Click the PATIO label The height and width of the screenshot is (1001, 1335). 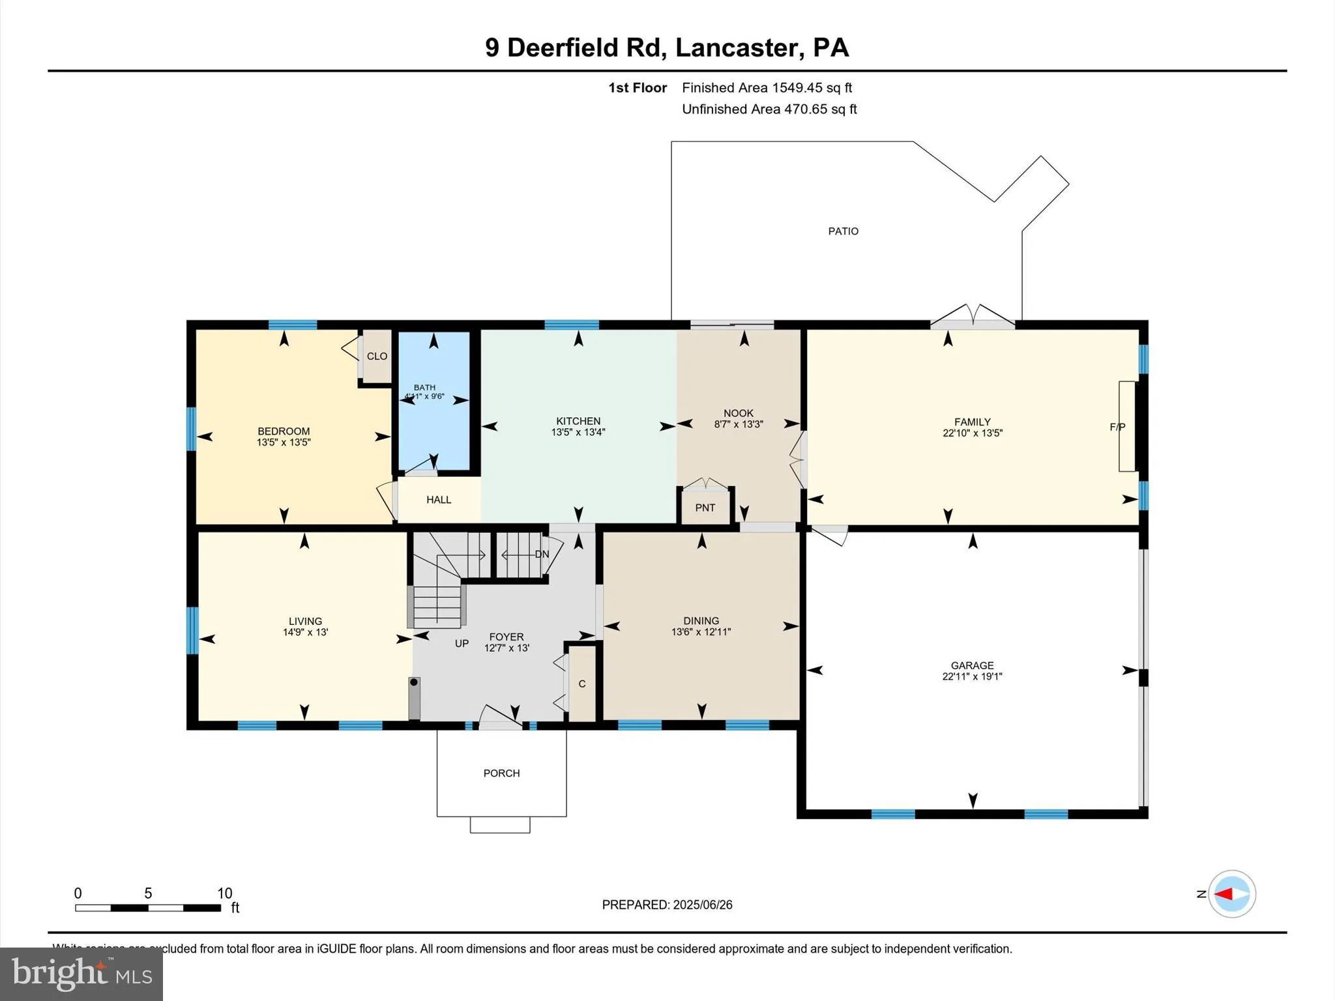coord(843,231)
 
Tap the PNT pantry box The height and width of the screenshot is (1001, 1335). coord(705,507)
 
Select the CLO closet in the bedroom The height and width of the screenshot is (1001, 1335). coord(377,356)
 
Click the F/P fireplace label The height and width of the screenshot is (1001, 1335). coord(1117,427)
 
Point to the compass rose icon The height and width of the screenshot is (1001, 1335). coord(1231,894)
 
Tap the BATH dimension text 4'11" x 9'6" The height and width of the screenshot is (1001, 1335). coord(424,396)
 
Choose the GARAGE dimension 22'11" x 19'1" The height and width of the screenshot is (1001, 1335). coord(972,676)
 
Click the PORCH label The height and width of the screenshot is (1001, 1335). coord(501,773)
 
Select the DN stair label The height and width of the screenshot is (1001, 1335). coord(542,554)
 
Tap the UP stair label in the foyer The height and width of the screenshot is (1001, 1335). coord(462,643)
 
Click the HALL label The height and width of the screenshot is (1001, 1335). coord(439,500)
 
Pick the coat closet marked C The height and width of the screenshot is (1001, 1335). coord(582,684)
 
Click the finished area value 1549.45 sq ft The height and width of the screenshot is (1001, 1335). coord(812,88)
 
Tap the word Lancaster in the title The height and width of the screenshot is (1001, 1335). coord(736,48)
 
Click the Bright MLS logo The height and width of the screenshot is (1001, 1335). coord(81,974)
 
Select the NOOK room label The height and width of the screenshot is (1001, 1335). coord(738,413)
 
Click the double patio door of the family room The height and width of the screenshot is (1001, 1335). coord(973,319)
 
